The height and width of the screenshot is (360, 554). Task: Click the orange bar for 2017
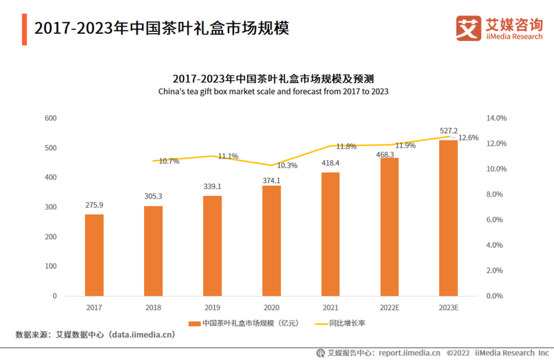click(x=94, y=255)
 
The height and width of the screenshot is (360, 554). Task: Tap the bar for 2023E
click(x=448, y=217)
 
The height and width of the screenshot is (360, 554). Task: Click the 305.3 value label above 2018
click(x=153, y=197)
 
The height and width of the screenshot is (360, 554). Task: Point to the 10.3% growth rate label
click(x=287, y=165)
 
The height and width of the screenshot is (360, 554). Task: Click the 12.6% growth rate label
click(x=468, y=138)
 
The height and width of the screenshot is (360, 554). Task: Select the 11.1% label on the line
click(x=228, y=156)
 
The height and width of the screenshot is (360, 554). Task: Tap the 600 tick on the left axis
click(x=50, y=118)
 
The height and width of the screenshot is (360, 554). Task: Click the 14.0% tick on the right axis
click(x=497, y=118)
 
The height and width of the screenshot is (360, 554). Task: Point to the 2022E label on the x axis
click(x=389, y=307)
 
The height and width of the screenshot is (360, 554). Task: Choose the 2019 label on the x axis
click(x=213, y=307)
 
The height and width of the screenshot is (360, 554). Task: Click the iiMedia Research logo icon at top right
click(x=468, y=28)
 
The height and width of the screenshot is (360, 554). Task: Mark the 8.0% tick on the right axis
click(x=497, y=195)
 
